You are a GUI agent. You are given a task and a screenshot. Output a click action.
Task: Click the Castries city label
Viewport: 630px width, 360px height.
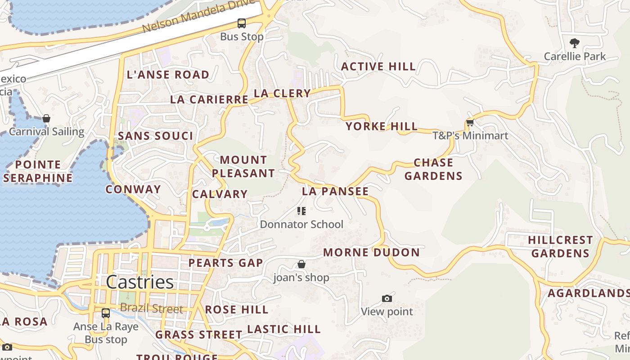pyautogui.click(x=140, y=282)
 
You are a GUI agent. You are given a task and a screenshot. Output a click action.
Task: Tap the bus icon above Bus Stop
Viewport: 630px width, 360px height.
pyautogui.click(x=242, y=23)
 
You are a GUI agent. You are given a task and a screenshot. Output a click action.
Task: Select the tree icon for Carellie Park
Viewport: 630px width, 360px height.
pyautogui.click(x=574, y=43)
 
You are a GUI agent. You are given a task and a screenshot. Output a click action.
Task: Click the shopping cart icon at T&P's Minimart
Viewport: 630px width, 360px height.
pyautogui.click(x=470, y=122)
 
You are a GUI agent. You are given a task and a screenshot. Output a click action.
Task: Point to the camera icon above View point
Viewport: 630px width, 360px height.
pyautogui.click(x=387, y=298)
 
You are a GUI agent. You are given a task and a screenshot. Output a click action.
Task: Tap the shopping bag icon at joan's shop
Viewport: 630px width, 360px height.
pyautogui.click(x=301, y=264)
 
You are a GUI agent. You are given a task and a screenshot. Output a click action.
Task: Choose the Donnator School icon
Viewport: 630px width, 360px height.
pyautogui.click(x=301, y=211)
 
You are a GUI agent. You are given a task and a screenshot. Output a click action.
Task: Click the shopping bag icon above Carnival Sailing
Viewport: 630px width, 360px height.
pyautogui.click(x=46, y=118)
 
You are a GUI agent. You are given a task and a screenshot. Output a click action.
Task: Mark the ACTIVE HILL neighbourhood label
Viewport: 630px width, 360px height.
pyautogui.click(x=378, y=67)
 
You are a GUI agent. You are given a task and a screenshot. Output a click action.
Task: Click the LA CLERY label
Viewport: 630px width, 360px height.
pyautogui.click(x=282, y=94)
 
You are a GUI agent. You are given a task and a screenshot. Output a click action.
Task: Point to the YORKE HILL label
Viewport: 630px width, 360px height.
pyautogui.click(x=382, y=126)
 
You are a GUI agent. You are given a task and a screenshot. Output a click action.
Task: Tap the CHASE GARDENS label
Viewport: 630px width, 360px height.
pyautogui.click(x=433, y=169)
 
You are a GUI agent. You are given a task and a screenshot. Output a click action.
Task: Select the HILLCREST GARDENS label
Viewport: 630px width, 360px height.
pyautogui.click(x=560, y=247)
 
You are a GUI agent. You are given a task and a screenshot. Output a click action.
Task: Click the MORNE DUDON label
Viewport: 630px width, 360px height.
pyautogui.click(x=371, y=252)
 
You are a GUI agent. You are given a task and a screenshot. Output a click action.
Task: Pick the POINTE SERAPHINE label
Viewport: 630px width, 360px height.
pyautogui.click(x=38, y=171)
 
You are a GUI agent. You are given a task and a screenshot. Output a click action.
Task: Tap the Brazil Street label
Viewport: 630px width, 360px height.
pyautogui.click(x=152, y=309)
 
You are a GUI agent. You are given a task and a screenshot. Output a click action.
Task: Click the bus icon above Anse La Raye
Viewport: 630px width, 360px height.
pyautogui.click(x=106, y=313)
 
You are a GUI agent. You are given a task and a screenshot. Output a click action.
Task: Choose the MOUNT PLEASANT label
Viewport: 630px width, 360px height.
pyautogui.click(x=243, y=166)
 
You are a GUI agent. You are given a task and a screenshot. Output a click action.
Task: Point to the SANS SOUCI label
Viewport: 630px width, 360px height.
pyautogui.click(x=155, y=136)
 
